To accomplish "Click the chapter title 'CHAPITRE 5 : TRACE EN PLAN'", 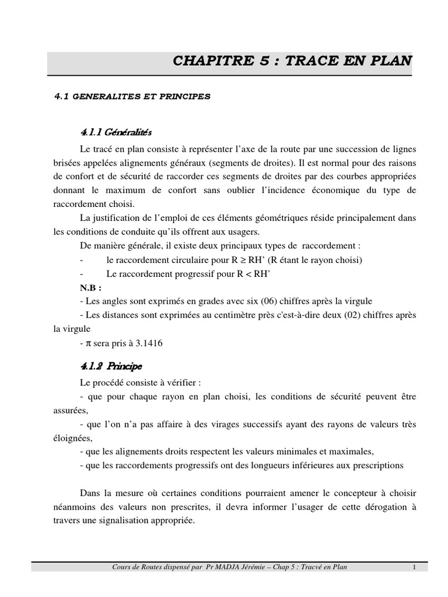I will pyautogui.click(x=293, y=62).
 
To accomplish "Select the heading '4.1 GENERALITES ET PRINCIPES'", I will pyautogui.click(x=132, y=97).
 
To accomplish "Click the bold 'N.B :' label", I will pyautogui.click(x=91, y=287).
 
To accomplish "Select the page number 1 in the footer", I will pyautogui.click(x=413, y=567).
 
